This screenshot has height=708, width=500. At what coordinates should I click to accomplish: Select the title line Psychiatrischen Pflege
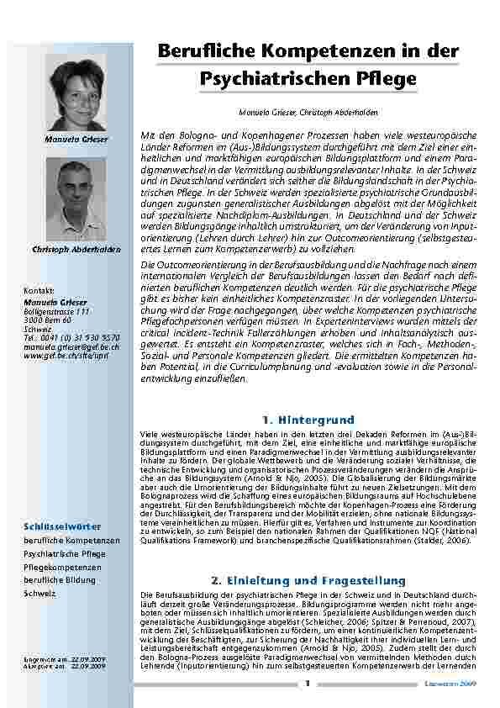pyautogui.click(x=308, y=79)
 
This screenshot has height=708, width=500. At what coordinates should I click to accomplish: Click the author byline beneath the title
pyautogui.click(x=308, y=112)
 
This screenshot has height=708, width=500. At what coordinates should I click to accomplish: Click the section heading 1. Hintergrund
pyautogui.click(x=308, y=418)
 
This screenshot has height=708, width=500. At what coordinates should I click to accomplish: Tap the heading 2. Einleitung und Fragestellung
pyautogui.click(x=308, y=580)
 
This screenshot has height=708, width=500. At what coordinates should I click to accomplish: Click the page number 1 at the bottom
pyautogui.click(x=308, y=683)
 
